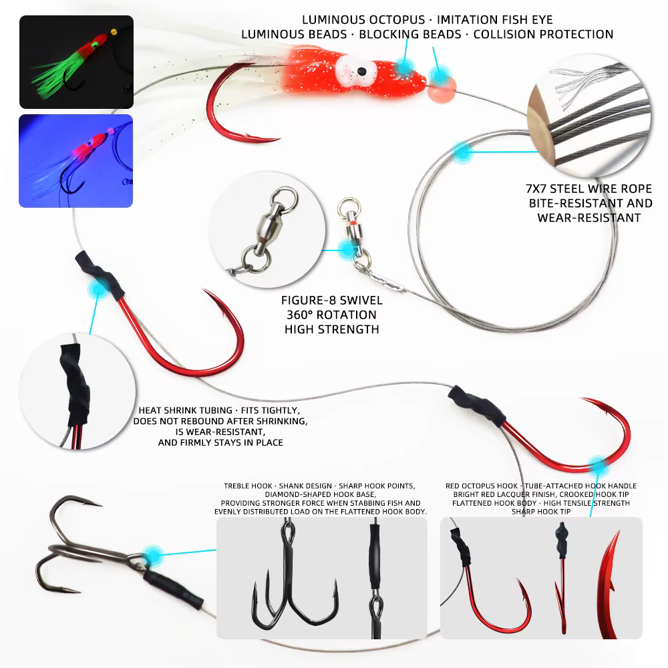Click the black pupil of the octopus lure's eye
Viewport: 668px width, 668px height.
[x=361, y=70]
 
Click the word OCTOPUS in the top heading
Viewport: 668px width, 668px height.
[x=397, y=19]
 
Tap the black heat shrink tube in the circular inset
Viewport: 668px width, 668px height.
[x=76, y=383]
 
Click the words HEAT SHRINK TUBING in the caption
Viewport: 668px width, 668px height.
[x=185, y=410]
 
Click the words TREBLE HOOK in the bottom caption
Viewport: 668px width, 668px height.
[x=248, y=486]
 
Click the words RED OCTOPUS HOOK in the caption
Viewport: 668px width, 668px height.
[x=482, y=486]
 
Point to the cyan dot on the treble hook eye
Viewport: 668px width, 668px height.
[x=152, y=556]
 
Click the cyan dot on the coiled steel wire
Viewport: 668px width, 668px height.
[x=462, y=152]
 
